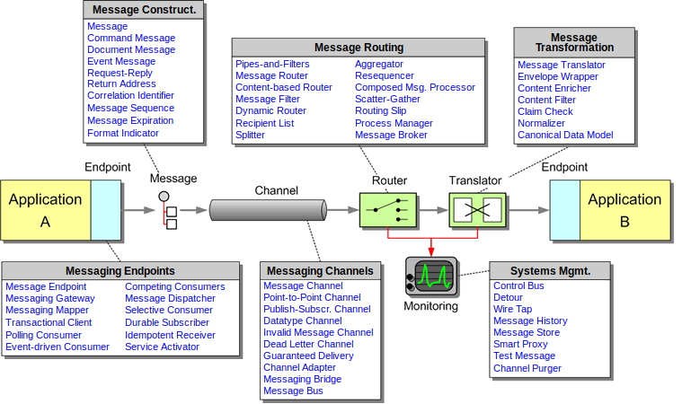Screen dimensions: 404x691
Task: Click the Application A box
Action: [x=45, y=210]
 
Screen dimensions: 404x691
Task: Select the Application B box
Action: [x=625, y=210]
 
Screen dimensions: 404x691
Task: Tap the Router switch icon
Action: [x=387, y=210]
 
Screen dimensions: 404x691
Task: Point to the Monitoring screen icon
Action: [x=431, y=276]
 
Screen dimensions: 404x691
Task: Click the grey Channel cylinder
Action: [x=268, y=210]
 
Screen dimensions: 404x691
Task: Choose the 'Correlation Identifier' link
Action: [x=130, y=95]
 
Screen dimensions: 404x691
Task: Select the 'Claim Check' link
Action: [x=545, y=111]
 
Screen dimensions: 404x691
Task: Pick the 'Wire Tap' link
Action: [x=513, y=309]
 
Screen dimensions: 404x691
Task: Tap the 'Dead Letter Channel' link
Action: [x=308, y=344]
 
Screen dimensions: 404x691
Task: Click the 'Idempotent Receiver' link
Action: [x=170, y=335]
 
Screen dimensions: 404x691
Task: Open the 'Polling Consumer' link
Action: [x=43, y=335]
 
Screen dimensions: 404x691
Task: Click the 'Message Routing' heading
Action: [x=359, y=47]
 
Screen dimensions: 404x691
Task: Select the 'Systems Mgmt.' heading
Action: [x=550, y=270]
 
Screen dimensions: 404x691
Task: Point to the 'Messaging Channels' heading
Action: [x=319, y=270]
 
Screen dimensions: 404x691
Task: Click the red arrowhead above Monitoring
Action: [x=431, y=250]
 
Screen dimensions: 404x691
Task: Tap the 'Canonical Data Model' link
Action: [x=565, y=135]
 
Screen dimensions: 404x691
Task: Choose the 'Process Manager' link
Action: [x=394, y=123]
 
